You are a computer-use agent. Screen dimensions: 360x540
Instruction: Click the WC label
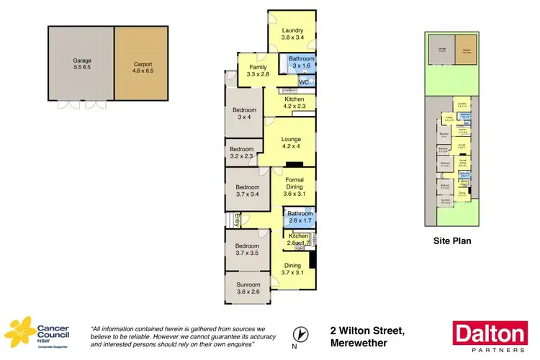(303, 83)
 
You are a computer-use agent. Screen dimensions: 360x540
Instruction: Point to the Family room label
(258, 69)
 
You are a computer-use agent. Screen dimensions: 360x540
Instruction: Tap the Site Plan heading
(451, 241)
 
